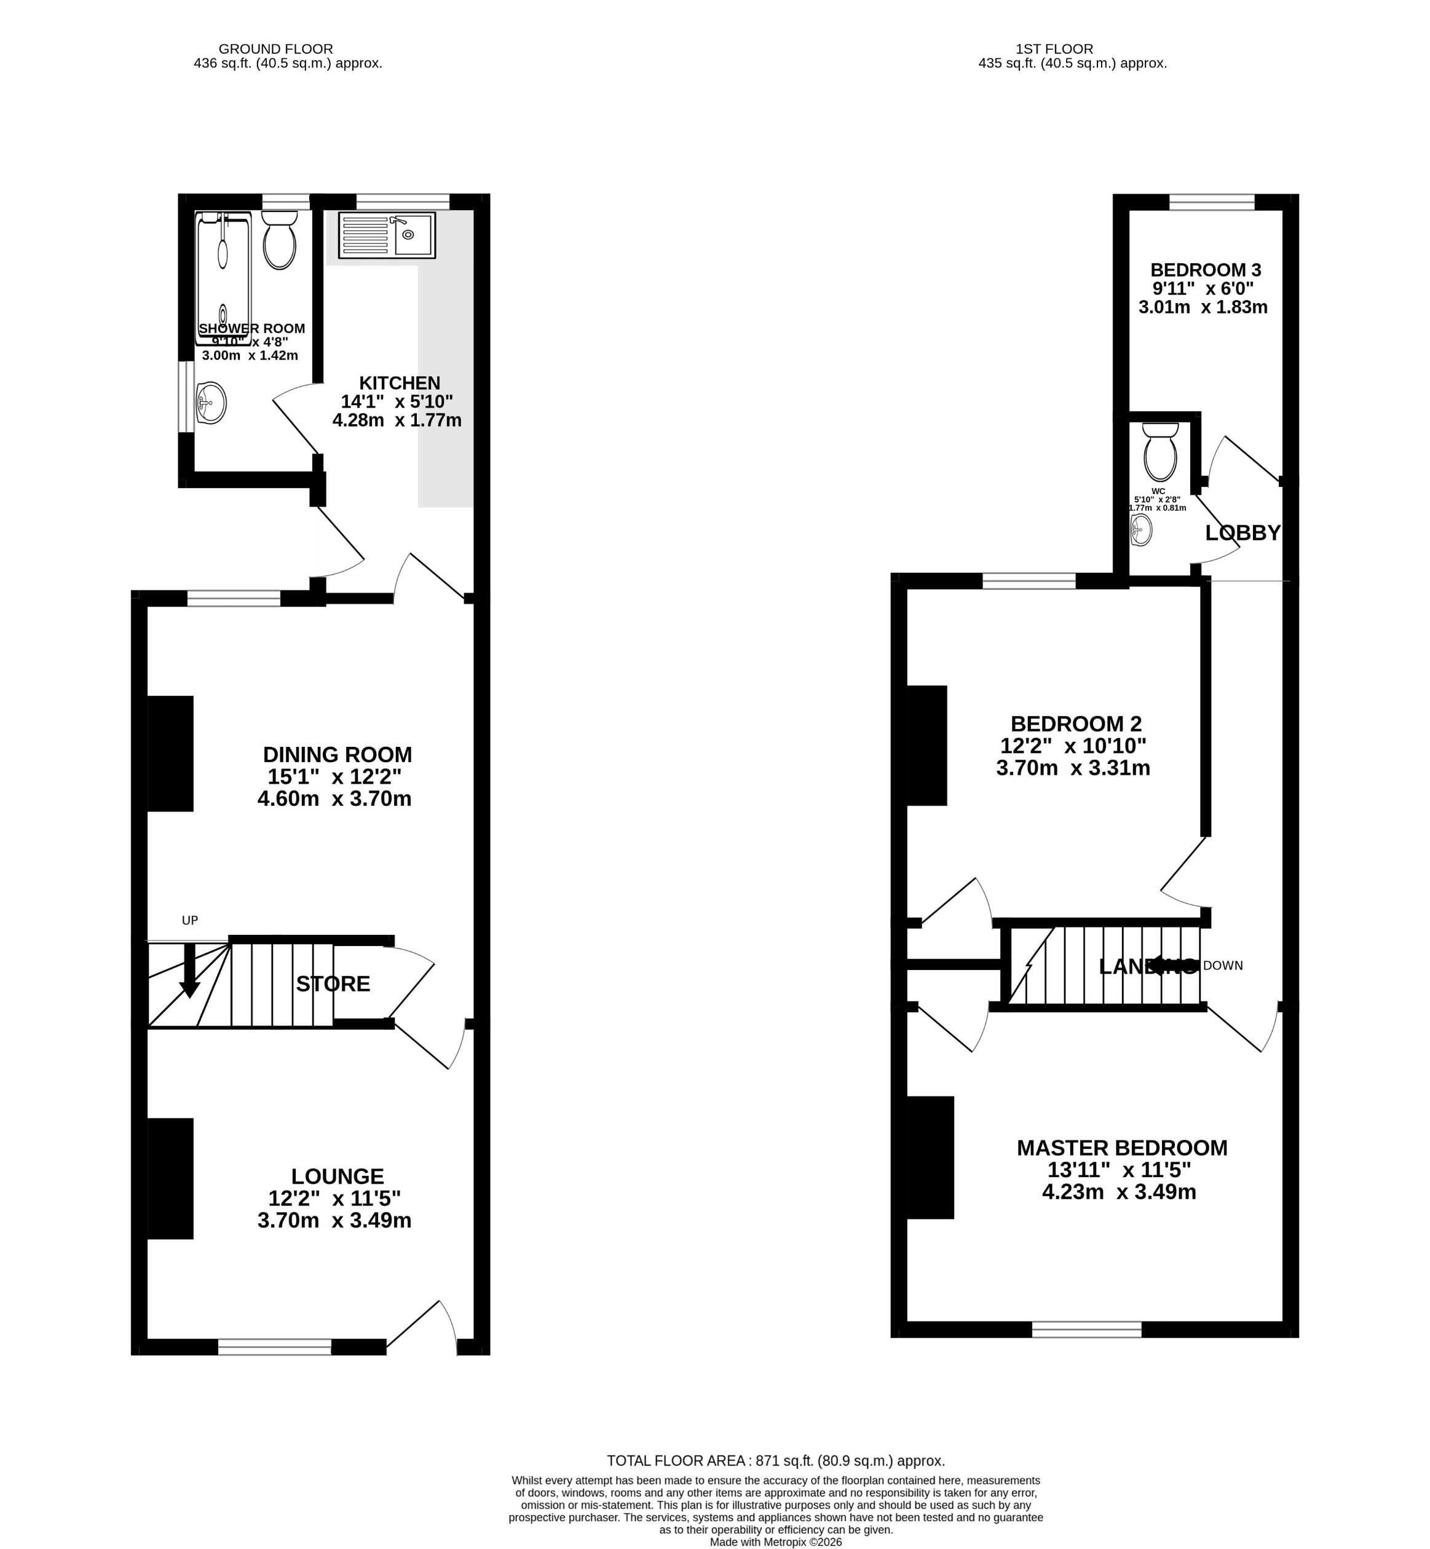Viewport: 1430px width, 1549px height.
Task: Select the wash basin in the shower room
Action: [x=211, y=403]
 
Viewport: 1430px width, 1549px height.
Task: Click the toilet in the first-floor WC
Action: [x=1160, y=454]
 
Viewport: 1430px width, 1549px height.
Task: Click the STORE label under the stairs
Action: [x=333, y=984]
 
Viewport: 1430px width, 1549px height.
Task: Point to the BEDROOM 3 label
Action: [x=1206, y=270]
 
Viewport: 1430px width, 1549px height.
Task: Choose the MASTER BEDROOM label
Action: [x=1122, y=1148]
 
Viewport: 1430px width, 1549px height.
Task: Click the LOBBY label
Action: [x=1242, y=532]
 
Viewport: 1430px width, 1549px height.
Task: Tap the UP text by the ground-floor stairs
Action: [x=189, y=921]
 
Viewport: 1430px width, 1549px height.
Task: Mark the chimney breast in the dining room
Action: [x=170, y=754]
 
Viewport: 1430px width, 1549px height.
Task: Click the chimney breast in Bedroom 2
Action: [x=927, y=746]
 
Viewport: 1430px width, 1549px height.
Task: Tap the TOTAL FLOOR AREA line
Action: [x=775, y=1461]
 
